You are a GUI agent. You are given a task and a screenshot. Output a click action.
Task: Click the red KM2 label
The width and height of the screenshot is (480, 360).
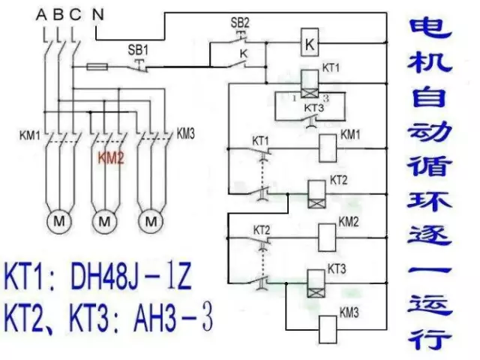109,158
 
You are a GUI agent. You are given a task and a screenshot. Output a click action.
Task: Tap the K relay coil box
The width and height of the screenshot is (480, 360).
309,44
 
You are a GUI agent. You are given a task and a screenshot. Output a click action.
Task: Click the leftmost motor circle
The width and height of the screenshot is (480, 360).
58,221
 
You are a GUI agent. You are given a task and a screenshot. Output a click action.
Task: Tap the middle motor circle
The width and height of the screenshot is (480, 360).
105,221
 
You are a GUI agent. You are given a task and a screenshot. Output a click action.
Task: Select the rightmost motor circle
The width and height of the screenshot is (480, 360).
152,221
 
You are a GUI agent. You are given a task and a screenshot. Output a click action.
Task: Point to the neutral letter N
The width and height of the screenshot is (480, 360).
98,13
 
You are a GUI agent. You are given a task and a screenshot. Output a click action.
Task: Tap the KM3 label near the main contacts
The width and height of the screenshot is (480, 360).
185,134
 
